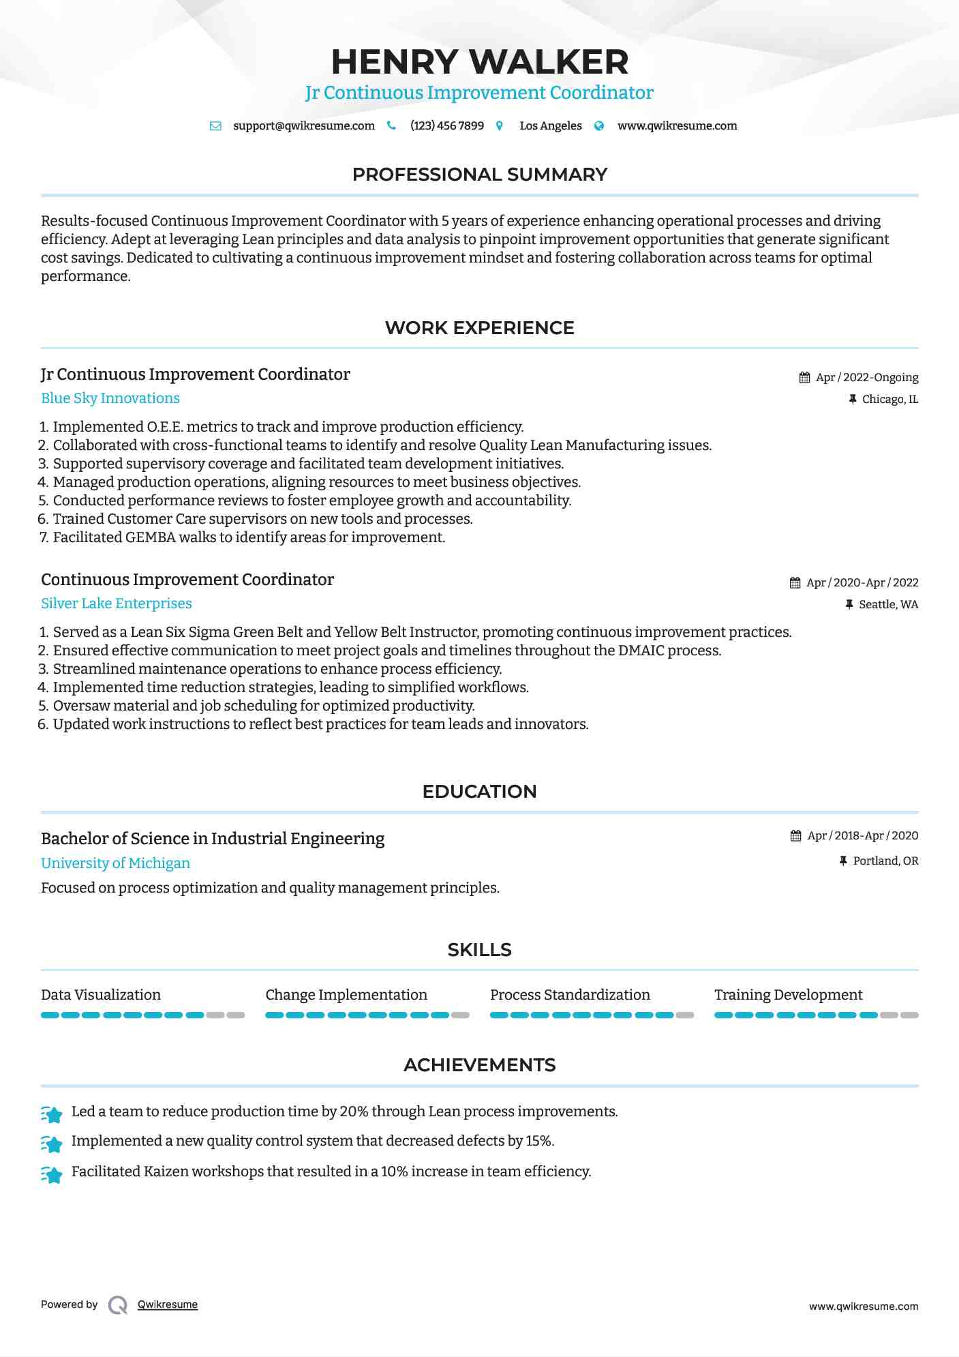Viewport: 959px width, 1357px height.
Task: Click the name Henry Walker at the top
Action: [479, 62]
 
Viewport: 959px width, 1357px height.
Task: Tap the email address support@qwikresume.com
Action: [303, 125]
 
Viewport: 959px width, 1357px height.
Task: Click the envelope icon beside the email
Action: [215, 126]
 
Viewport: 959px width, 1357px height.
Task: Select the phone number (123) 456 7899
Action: [446, 125]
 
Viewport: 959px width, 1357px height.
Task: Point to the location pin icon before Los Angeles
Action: [500, 126]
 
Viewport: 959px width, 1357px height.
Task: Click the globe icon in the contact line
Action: [599, 126]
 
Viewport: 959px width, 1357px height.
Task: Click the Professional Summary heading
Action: [479, 175]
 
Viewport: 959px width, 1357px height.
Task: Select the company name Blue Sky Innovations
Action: [110, 398]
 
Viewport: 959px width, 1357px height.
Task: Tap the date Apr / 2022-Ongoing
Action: [866, 378]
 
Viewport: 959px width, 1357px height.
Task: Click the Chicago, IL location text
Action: [889, 400]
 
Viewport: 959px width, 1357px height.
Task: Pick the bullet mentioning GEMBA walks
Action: [249, 537]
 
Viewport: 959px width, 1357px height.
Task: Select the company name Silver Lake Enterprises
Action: [117, 603]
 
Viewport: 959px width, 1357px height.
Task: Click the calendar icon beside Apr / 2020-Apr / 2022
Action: [795, 583]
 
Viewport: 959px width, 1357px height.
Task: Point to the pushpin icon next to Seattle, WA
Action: [849, 605]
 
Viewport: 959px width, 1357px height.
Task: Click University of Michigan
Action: [115, 863]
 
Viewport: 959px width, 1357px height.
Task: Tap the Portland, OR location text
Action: [885, 861]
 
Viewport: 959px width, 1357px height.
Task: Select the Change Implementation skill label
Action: [346, 995]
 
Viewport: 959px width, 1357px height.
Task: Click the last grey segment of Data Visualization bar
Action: [236, 1015]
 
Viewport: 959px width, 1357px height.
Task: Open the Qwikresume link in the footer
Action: [168, 1304]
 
